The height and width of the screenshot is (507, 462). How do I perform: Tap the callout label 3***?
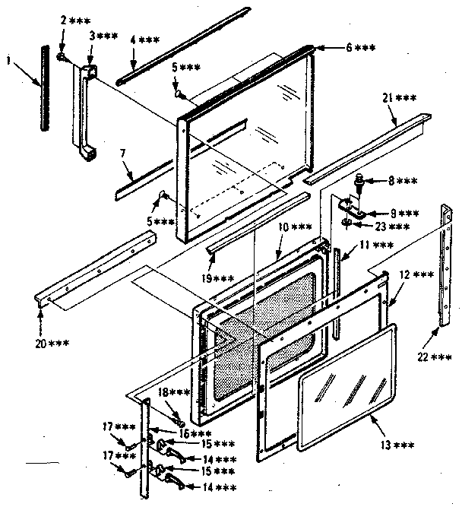pos(102,36)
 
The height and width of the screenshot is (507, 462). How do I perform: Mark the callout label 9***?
pos(398,213)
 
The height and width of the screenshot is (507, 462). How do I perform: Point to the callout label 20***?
pos(50,342)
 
